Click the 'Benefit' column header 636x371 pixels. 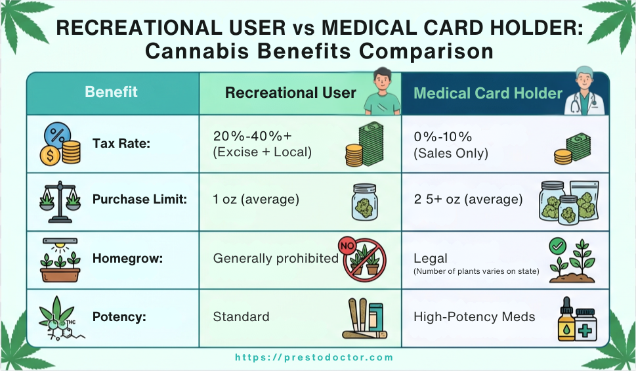111,92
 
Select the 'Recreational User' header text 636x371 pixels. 290,93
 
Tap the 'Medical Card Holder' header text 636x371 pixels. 488,93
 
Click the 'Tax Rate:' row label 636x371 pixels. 121,144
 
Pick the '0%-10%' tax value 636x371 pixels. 443,137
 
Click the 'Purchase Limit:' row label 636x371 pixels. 139,200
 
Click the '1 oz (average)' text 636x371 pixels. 256,200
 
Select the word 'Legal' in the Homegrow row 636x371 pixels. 430,258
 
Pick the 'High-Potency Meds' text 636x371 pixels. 474,316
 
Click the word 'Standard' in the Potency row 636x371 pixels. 241,316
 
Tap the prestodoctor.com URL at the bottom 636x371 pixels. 314,358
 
